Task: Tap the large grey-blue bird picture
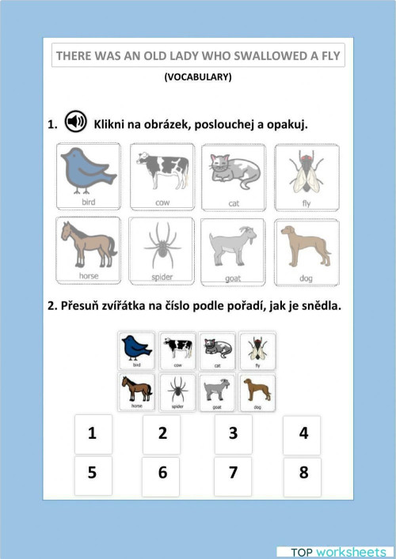88,176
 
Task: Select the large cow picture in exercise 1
161,176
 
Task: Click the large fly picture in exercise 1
306,176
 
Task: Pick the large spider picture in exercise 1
161,251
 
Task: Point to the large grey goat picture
234,251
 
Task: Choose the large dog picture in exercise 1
306,251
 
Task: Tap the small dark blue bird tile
138,350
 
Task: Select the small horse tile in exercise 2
138,391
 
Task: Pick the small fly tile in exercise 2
257,350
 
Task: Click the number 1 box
93,434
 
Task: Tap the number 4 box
303,434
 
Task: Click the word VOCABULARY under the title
198,77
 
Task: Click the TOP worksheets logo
332,550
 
